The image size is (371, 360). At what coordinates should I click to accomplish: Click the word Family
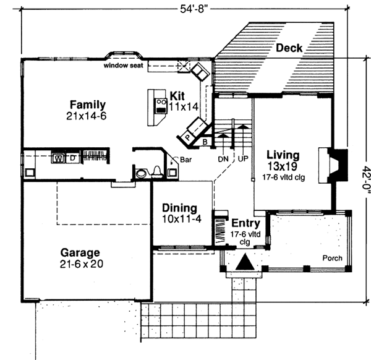click(87, 105)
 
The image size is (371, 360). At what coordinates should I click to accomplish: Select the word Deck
click(289, 48)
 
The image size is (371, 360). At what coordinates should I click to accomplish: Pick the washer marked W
click(58, 158)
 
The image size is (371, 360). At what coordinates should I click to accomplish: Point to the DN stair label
click(224, 158)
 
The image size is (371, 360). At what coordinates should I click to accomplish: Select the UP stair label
click(243, 158)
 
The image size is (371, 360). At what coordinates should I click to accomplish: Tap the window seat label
click(121, 64)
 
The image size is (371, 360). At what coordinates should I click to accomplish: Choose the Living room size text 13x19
click(281, 166)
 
